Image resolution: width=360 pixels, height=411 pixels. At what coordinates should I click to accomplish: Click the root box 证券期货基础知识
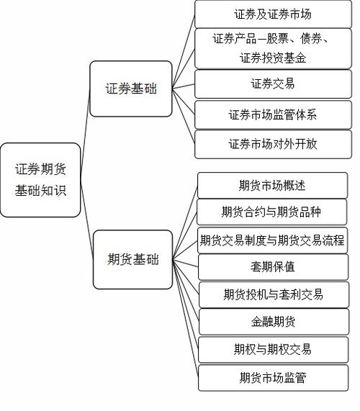pos(40,180)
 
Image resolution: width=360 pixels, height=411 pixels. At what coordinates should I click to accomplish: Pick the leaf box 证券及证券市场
pos(272,14)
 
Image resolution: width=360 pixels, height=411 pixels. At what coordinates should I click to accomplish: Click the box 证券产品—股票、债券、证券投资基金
pos(272,48)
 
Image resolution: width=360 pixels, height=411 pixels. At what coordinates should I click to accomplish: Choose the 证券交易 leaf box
pos(272,83)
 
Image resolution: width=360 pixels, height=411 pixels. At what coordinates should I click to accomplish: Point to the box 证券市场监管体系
pos(272,114)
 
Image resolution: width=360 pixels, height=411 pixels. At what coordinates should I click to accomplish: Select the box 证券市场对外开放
pos(272,143)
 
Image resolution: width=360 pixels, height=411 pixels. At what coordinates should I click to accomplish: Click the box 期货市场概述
pos(272,185)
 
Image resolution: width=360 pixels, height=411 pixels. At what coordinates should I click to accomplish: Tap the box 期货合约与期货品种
pos(272,212)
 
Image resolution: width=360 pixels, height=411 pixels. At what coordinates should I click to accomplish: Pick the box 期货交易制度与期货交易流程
pos(272,240)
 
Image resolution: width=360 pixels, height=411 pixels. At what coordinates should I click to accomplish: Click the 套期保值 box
pos(272,267)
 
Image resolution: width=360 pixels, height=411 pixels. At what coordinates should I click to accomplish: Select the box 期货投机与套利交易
pos(272,294)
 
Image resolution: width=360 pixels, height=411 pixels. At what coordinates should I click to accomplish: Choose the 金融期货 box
pos(272,321)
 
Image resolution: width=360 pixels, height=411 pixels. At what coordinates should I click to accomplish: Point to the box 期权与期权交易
pos(272,349)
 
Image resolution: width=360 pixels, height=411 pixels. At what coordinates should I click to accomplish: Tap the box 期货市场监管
pos(272,376)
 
